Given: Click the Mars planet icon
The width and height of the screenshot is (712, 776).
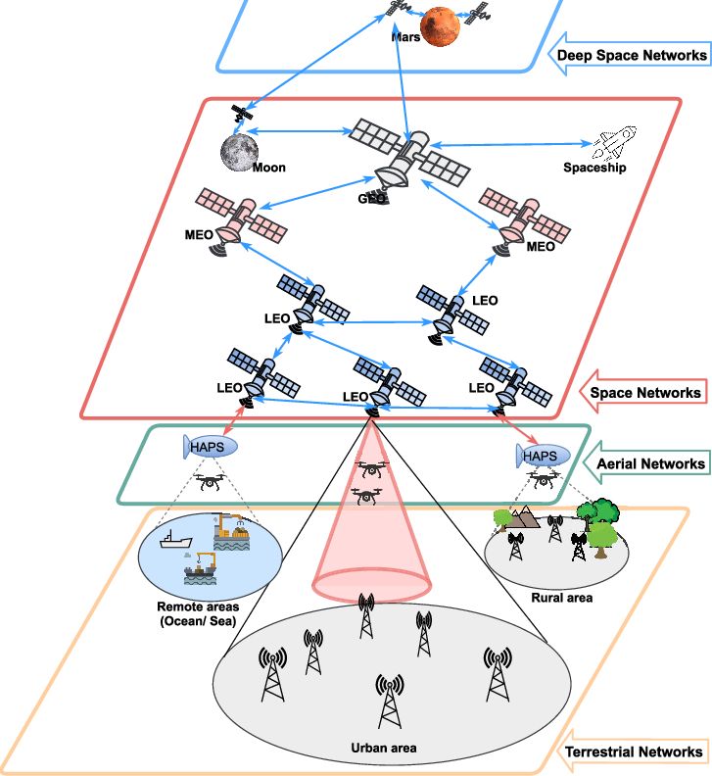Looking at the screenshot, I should (x=441, y=26).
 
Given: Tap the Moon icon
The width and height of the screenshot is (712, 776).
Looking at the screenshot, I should (x=238, y=153).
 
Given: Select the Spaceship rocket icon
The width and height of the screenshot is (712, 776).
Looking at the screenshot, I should (x=611, y=145).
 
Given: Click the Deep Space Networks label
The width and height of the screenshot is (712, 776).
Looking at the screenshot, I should (x=632, y=56).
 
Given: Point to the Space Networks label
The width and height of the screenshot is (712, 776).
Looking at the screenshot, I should (x=645, y=393).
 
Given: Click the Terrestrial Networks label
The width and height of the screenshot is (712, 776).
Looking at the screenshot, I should (x=633, y=752).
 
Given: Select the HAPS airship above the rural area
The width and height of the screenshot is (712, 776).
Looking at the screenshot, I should (x=542, y=456).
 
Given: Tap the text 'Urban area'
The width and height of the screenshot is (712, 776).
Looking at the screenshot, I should (x=384, y=749).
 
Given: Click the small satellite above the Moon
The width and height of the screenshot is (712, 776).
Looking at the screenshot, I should (x=238, y=115).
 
